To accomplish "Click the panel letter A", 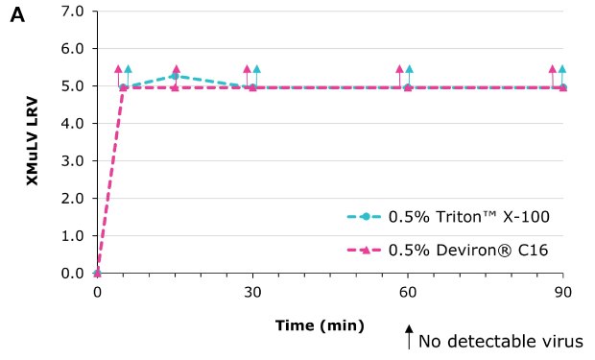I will (16, 16).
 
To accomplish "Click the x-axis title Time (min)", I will (320, 325).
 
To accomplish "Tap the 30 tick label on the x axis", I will (252, 291).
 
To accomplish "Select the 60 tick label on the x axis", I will (408, 291).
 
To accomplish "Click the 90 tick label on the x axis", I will (563, 291).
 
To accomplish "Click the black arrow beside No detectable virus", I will (409, 337).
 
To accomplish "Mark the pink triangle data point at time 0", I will (97, 273).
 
